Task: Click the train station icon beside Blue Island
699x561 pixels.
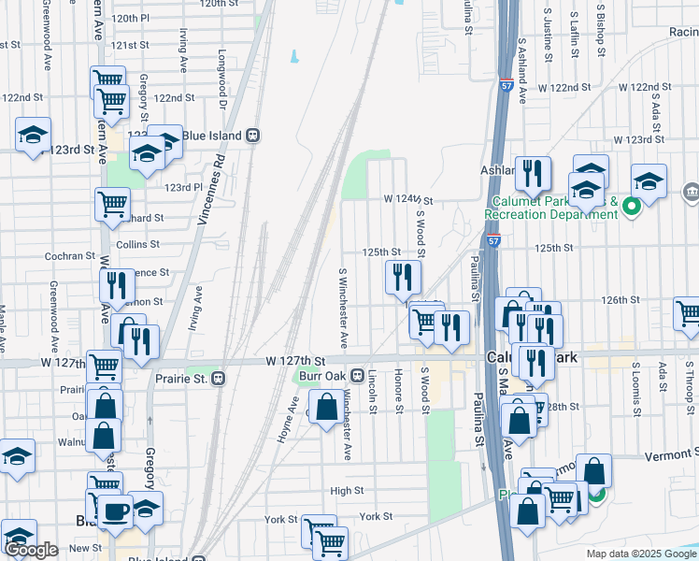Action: (252, 135)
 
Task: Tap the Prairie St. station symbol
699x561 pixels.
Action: (218, 379)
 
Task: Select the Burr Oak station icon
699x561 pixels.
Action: (357, 376)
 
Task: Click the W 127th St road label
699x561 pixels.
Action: (294, 361)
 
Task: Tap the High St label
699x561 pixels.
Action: (347, 490)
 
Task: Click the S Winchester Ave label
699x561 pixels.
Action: (344, 303)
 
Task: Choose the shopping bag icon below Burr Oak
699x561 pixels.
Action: (327, 409)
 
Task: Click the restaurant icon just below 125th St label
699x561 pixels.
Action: (404, 277)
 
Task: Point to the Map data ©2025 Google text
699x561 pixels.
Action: (639, 554)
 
